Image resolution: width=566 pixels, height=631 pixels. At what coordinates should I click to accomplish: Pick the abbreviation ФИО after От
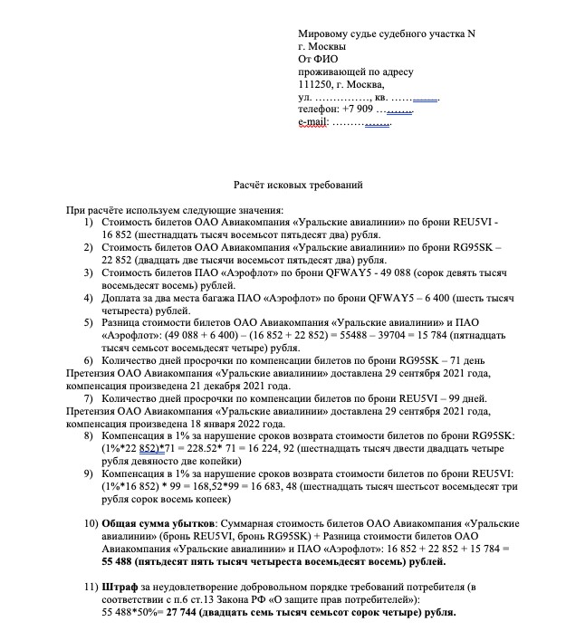(x=325, y=59)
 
